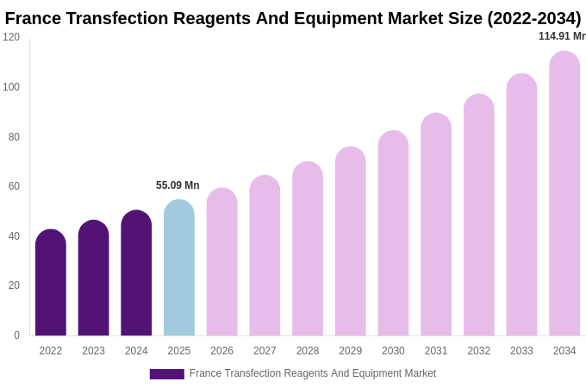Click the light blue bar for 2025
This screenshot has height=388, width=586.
click(x=179, y=269)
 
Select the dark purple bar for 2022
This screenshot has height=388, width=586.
click(x=51, y=284)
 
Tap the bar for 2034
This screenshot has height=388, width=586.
click(x=564, y=194)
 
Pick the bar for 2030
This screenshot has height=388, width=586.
click(x=393, y=234)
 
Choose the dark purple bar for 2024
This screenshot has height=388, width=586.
click(x=136, y=274)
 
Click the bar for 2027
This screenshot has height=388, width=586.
click(x=265, y=256)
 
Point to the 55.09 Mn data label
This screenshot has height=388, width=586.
click(x=178, y=185)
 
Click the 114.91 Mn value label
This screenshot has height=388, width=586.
click(x=562, y=36)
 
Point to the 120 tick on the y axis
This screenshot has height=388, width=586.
click(x=11, y=37)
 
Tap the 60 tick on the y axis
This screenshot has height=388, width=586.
click(x=14, y=186)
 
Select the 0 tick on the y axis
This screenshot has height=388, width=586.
click(x=16, y=335)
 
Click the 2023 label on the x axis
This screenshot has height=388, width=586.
click(x=93, y=351)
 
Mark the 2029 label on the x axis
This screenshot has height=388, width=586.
click(x=350, y=351)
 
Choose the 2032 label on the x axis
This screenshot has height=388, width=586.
click(x=478, y=351)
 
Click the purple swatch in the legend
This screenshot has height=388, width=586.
click(x=166, y=374)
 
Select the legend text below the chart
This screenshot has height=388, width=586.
click(x=312, y=373)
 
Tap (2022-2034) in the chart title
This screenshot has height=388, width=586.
click(x=533, y=18)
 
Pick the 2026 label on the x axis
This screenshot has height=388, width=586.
click(x=221, y=351)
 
